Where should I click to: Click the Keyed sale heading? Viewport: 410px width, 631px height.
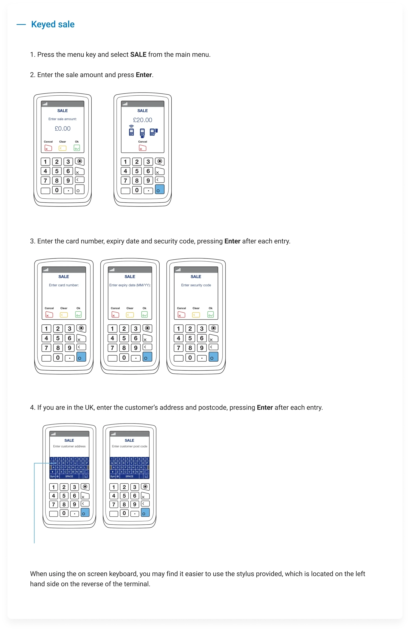[53, 24]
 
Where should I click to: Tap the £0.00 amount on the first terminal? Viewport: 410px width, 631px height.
[63, 129]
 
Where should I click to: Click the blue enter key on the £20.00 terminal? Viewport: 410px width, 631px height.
[160, 189]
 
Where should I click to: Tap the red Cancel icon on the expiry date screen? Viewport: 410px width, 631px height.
[115, 314]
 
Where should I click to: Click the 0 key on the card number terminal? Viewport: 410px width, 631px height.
[58, 357]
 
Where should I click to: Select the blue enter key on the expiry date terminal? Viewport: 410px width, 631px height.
[147, 357]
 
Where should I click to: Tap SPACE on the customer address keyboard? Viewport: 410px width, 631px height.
[69, 476]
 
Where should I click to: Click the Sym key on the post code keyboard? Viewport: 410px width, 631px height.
[113, 476]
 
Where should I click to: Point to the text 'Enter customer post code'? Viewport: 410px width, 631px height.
[130, 446]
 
